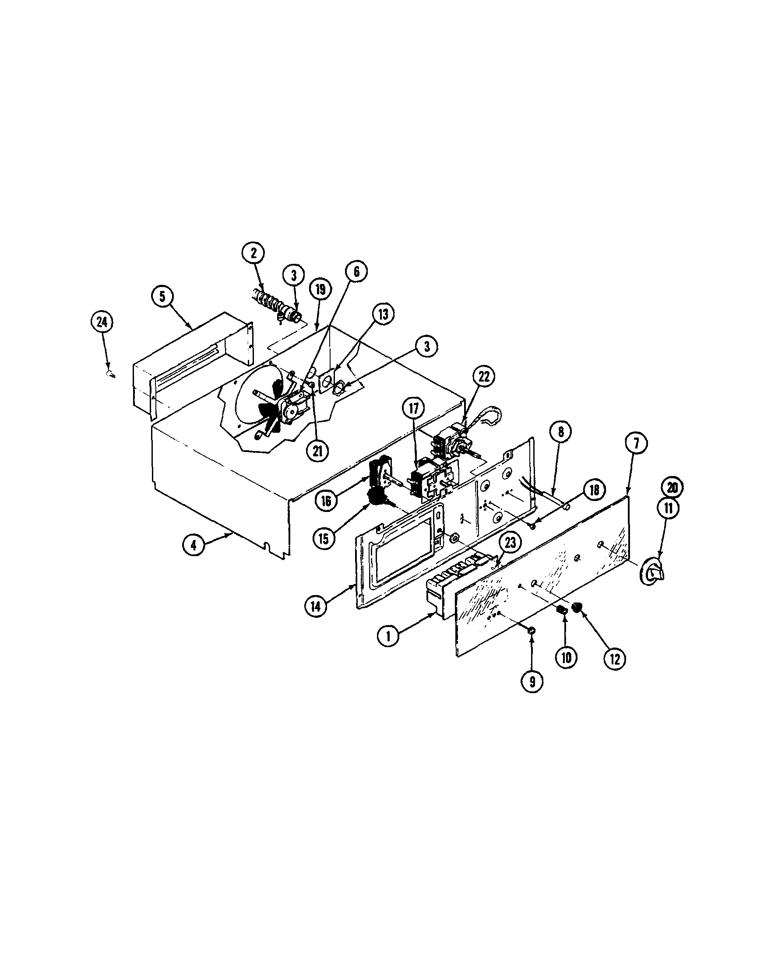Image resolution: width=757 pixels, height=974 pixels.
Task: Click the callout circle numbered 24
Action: click(102, 322)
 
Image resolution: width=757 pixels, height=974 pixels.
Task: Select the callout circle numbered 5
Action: click(162, 297)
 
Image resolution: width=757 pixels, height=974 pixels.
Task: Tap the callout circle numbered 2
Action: click(254, 254)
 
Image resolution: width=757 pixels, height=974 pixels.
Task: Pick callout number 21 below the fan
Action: click(317, 451)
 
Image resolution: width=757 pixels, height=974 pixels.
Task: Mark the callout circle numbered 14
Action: click(317, 608)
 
